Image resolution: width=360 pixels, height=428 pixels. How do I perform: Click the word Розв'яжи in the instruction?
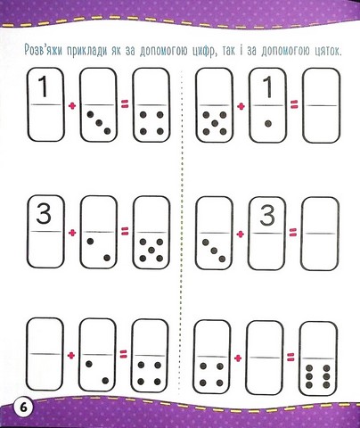coord(44,51)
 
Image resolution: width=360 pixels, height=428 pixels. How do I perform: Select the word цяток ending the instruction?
coord(326,52)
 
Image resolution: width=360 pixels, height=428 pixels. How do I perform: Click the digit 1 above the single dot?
coord(268,87)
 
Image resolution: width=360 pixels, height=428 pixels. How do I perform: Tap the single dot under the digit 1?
coord(268,123)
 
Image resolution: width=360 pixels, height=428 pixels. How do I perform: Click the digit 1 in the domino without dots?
coord(44,86)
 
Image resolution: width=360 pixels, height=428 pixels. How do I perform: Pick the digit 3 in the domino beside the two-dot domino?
coord(44,214)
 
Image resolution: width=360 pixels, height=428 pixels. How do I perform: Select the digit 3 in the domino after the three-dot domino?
coord(267,216)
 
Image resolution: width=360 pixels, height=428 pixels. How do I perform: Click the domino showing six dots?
coord(318,358)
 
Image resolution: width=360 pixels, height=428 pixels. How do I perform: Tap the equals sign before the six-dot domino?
coord(291,357)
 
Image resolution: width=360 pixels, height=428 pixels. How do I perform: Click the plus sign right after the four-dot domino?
coord(238,358)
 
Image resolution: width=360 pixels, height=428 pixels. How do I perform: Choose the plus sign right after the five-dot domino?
coord(241,106)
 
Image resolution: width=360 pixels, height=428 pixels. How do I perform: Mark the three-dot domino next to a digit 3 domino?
coord(214,233)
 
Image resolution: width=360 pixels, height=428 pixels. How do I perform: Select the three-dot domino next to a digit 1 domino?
coord(98,104)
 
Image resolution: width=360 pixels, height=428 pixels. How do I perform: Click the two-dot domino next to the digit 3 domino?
coord(99,232)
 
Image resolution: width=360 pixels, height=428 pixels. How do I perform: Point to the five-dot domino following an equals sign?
coord(151,233)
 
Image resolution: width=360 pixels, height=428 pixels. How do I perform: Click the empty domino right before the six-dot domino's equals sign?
coord(265,358)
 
